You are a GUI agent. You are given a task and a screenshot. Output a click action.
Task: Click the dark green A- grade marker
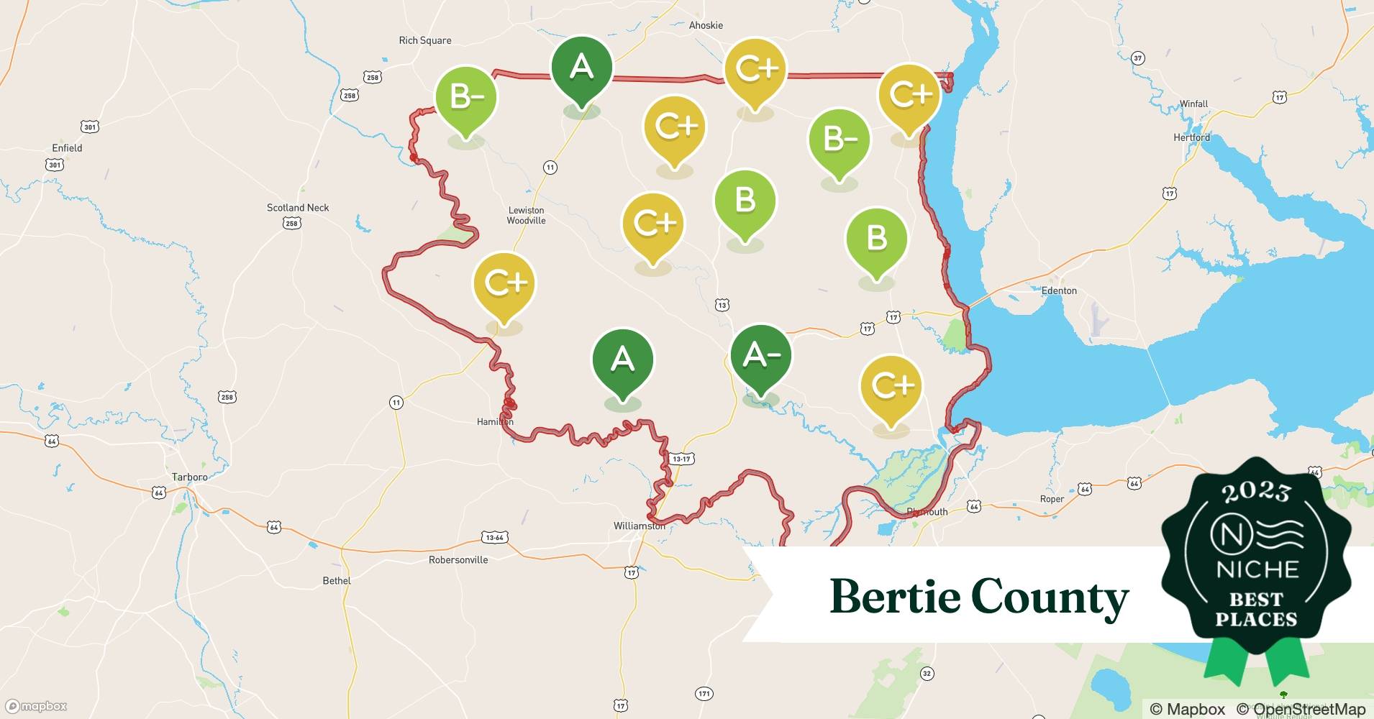tap(760, 357)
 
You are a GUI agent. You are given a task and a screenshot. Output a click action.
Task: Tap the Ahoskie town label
tap(706, 25)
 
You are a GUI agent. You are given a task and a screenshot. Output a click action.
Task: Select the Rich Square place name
tap(425, 40)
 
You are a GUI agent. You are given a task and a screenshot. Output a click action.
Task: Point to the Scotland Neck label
tap(298, 208)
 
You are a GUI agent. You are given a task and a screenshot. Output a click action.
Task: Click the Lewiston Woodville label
tap(526, 216)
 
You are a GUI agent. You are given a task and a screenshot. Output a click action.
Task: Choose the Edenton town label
tap(1059, 290)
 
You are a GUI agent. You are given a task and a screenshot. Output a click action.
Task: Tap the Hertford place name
tap(1191, 137)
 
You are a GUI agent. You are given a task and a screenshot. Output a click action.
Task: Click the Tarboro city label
tap(189, 477)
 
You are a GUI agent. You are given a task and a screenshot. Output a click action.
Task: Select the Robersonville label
tap(458, 559)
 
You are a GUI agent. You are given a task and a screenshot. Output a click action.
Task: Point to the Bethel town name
tap(337, 580)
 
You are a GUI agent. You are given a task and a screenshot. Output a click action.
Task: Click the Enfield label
tap(67, 148)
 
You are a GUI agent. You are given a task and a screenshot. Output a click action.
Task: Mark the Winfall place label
tap(1193, 104)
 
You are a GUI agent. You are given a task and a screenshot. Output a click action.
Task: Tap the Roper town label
tap(1052, 499)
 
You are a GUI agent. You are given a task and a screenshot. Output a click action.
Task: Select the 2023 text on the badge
tap(1256, 492)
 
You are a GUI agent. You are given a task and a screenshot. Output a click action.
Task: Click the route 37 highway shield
tap(1137, 58)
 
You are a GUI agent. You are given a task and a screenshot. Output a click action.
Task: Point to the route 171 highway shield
tap(704, 694)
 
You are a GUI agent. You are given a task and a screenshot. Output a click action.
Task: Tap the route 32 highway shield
tap(927, 674)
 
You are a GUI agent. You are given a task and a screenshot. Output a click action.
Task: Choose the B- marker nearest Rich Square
tap(466, 98)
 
